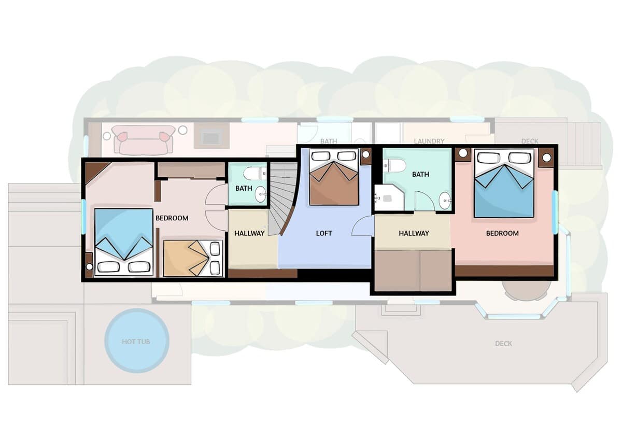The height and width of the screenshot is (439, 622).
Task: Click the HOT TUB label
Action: coord(136,342)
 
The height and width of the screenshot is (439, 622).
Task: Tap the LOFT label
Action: coord(324,233)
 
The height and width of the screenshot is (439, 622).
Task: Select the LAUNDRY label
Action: coord(429,141)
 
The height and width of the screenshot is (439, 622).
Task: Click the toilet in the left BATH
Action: coord(255,173)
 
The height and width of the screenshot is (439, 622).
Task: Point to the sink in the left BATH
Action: coord(260,194)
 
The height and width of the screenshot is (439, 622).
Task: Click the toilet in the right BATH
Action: coord(394,165)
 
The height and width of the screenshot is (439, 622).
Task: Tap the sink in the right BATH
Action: coord(445,200)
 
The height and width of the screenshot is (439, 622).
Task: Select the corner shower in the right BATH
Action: coord(388,197)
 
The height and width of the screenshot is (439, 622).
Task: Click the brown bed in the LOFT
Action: coord(334,177)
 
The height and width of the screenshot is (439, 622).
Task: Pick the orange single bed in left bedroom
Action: coord(193,259)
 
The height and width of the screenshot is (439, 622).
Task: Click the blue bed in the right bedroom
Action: coord(504,183)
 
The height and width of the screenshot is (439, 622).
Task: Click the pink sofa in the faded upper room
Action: coord(143,139)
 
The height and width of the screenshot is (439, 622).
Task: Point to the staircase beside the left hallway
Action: coord(282,199)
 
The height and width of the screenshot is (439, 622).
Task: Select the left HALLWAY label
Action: coord(249,233)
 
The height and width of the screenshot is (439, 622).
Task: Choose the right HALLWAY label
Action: coord(414,233)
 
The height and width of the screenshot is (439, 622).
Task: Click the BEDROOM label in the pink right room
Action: coord(502,233)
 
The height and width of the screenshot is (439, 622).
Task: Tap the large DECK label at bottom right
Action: coord(503,344)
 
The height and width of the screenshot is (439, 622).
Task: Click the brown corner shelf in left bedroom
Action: coord(94,171)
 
